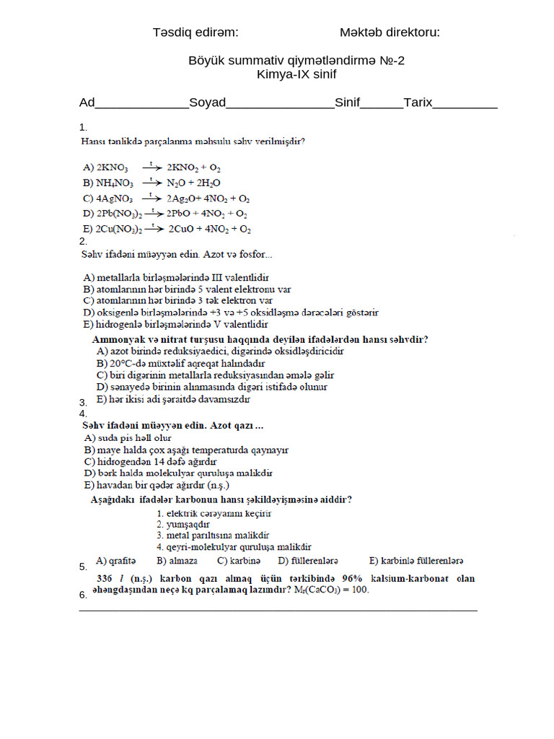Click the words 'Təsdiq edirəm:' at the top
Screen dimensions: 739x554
[x=195, y=32]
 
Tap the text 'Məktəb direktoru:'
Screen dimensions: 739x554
[x=390, y=32]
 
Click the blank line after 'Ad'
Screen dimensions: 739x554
[x=141, y=104]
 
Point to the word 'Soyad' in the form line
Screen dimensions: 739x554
[x=207, y=102]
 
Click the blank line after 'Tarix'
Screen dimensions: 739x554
[x=465, y=104]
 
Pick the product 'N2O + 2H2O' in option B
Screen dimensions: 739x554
[x=193, y=183]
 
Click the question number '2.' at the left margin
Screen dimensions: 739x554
[x=83, y=241]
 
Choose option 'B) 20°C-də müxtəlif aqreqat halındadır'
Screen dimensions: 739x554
[x=180, y=363]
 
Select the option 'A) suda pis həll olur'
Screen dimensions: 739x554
[x=128, y=438]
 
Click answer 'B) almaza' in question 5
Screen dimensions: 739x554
[x=177, y=560]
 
